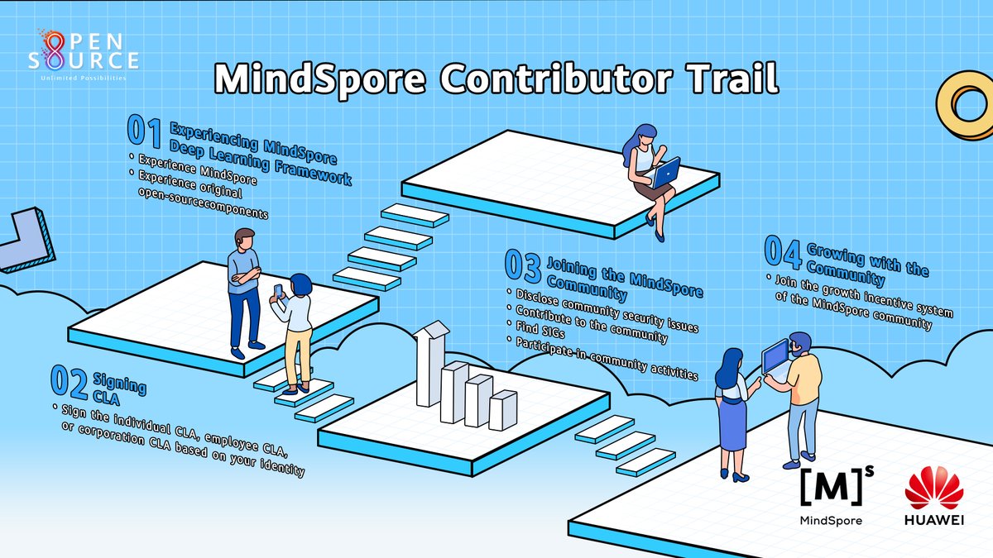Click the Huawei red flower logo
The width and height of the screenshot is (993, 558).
click(x=933, y=487)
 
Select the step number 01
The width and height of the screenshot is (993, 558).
click(x=145, y=132)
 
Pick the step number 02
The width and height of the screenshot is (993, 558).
click(x=70, y=381)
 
